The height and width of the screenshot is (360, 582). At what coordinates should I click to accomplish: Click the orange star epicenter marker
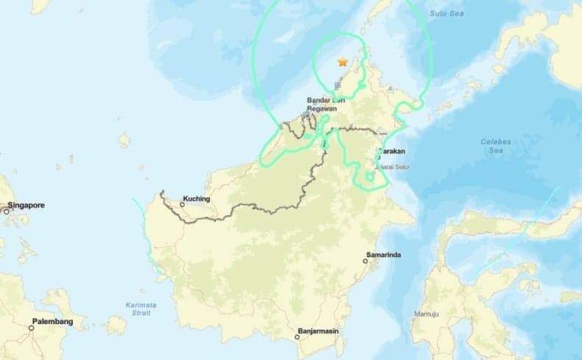(x=343, y=63)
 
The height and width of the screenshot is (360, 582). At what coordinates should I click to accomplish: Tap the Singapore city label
(x=27, y=205)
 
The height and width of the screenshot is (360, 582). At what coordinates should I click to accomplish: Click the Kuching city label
(x=197, y=199)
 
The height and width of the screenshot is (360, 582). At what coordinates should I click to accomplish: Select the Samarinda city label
(x=383, y=255)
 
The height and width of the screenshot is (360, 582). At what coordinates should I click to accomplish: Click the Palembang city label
(x=52, y=322)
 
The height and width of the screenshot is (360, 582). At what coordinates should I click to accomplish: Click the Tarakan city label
(x=393, y=152)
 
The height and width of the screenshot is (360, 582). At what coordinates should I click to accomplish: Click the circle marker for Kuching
(x=183, y=205)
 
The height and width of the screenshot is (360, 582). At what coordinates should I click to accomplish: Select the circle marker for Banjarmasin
(x=298, y=338)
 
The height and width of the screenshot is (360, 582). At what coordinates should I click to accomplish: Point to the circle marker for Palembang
(x=32, y=328)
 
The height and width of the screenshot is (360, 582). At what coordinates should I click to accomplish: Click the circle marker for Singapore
(x=6, y=211)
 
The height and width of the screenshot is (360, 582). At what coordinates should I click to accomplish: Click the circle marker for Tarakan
(x=378, y=157)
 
